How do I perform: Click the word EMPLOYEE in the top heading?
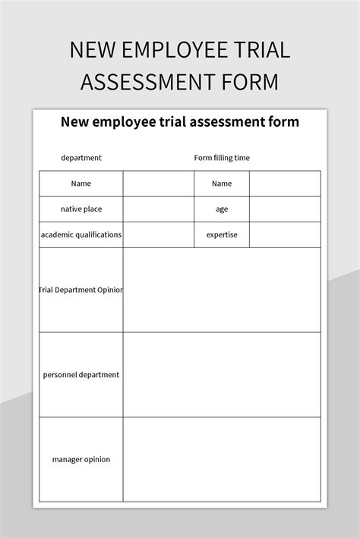pos(169,50)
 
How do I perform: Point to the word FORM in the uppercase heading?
pos(250,82)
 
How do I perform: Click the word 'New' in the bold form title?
pos(76,121)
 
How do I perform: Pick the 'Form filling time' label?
pos(222,158)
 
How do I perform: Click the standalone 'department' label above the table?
pos(81,158)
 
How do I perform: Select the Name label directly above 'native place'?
pos(81,184)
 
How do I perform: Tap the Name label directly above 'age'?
pos(222,184)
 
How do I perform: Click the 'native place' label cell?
pos(81,209)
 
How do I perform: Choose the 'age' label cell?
pos(222,209)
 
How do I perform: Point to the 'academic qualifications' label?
pos(81,234)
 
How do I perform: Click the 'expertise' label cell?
pos(222,234)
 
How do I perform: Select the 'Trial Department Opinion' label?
pos(81,290)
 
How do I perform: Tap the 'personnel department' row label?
pos(81,375)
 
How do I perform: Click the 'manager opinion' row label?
pos(81,459)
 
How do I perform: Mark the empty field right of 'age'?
pos(285,209)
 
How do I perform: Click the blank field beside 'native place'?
pos(159,209)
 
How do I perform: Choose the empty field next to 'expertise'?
pos(285,234)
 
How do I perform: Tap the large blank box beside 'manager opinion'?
pos(222,459)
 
